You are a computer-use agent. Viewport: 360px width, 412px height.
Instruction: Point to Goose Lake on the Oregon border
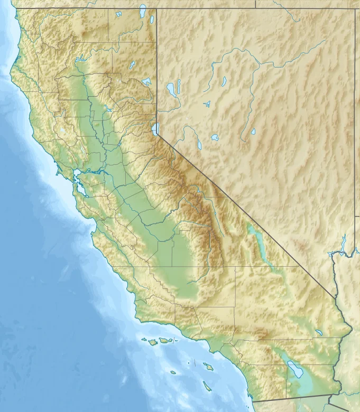pos(143,10)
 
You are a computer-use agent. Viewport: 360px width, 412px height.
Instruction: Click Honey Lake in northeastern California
pos(146,82)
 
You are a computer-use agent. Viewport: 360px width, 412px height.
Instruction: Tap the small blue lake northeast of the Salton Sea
pos(319,333)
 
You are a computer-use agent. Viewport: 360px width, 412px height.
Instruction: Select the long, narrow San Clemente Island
pos(207,386)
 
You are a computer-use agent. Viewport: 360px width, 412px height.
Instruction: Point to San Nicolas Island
pos(173,372)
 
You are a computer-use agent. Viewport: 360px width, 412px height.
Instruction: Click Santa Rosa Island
pos(152,342)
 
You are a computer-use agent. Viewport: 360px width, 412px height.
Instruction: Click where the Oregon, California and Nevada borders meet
pos(157,8)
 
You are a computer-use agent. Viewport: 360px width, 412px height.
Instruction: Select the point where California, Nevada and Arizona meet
pos(335,296)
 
